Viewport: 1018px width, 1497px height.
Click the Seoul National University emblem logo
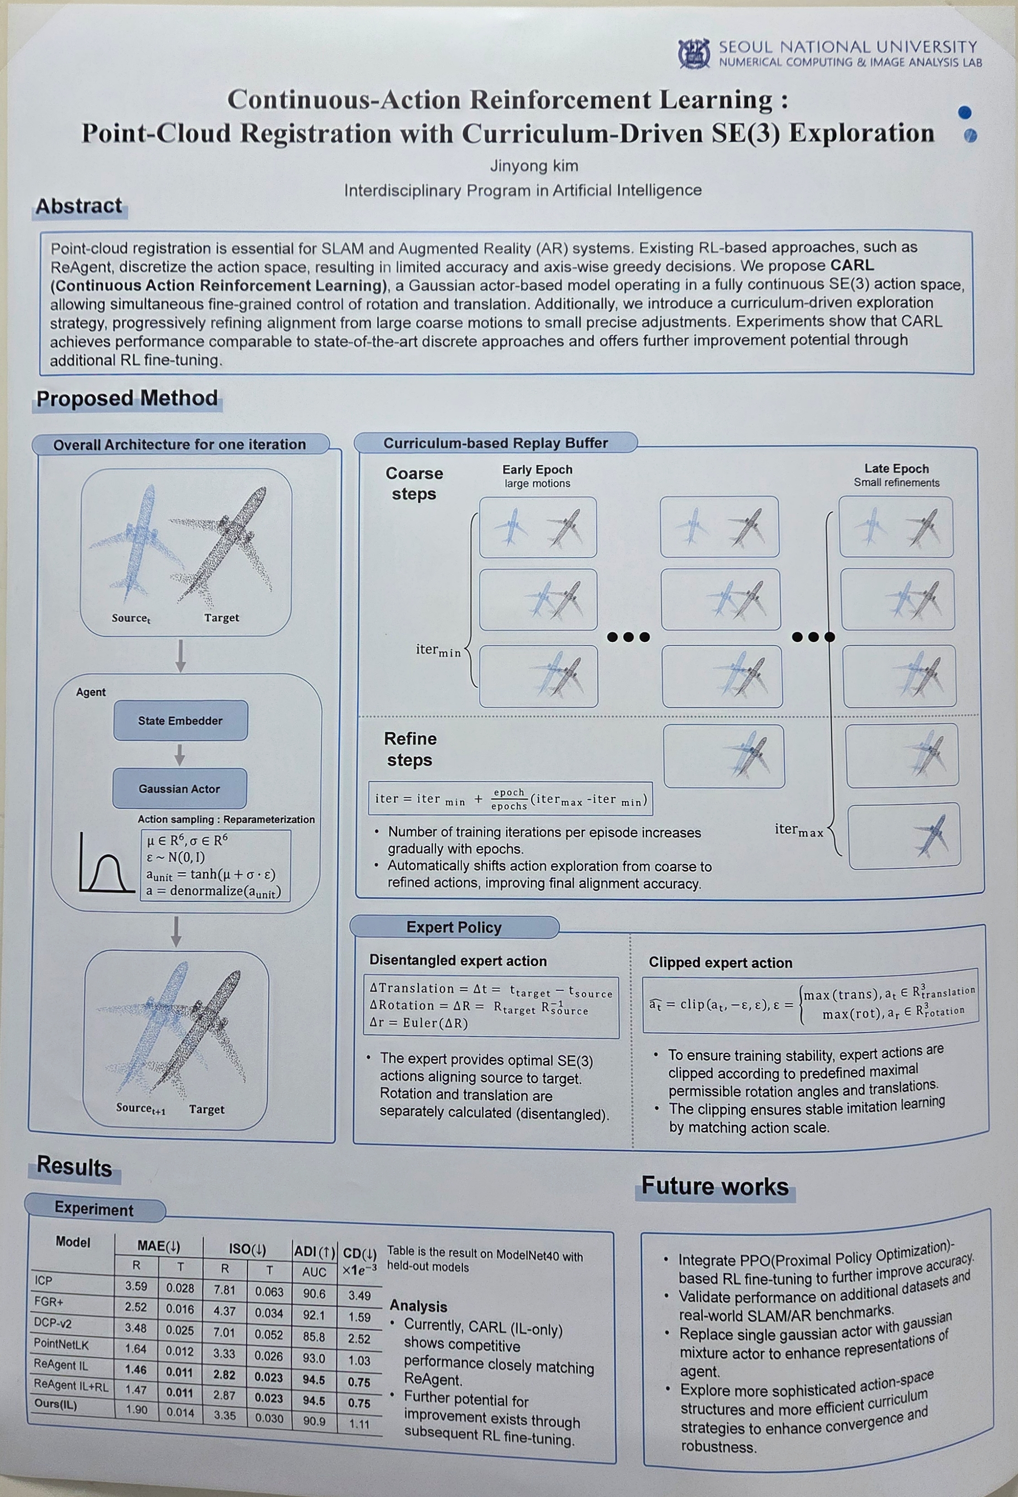coord(694,54)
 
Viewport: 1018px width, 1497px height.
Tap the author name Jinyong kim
coord(534,166)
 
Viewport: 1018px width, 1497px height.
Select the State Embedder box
coord(180,720)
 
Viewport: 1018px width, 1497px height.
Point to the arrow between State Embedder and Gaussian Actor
coord(180,755)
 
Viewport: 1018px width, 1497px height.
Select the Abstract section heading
coord(79,206)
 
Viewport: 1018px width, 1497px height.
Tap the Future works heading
coord(715,1186)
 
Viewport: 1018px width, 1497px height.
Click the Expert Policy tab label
coord(454,927)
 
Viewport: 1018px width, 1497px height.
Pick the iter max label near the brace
coord(799,830)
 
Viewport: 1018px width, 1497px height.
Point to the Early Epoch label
coord(537,469)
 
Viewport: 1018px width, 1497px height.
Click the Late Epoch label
coord(896,469)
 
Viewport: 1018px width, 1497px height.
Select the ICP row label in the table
coord(44,1281)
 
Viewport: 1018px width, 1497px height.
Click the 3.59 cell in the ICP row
coord(136,1287)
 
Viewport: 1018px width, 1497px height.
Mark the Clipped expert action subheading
coord(720,963)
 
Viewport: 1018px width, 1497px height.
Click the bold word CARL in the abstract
coord(852,265)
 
